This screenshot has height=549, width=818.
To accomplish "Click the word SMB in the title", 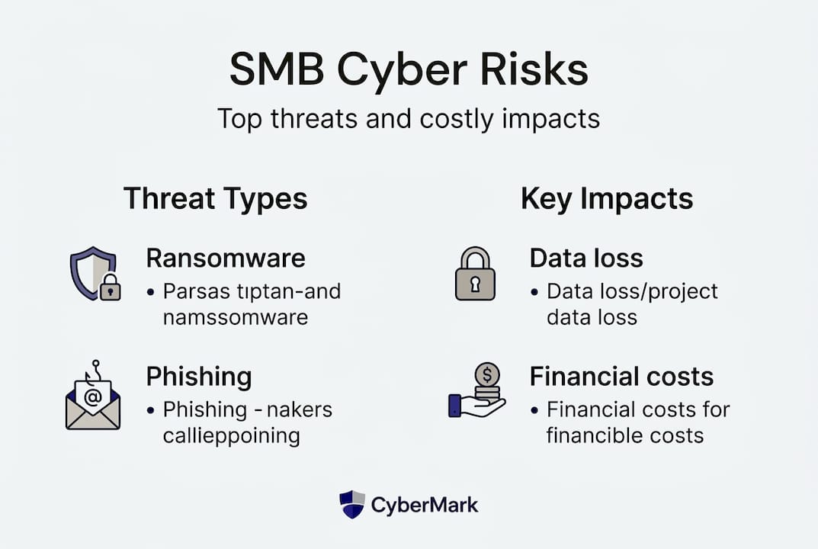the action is tap(277, 69).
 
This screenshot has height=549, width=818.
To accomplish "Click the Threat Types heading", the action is tap(216, 199).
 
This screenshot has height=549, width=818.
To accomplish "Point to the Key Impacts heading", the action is tap(607, 199).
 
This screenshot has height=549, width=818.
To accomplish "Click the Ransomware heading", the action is tap(226, 258).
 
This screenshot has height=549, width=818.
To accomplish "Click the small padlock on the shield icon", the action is tap(110, 287).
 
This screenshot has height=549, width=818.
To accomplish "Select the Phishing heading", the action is tap(199, 377).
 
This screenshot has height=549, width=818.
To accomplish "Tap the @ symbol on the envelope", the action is tap(93, 398).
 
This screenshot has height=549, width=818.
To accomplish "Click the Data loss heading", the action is tap(586, 258).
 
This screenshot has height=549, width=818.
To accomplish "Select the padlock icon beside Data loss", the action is tap(475, 274).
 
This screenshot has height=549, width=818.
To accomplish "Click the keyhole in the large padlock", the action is tap(475, 284).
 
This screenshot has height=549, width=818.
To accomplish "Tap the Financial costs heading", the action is tap(621, 377).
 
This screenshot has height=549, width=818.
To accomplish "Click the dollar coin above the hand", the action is tap(487, 374).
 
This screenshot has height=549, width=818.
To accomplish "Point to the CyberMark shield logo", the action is tap(352, 504).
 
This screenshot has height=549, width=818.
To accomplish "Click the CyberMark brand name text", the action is tap(424, 506).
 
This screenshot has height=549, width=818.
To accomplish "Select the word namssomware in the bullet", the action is tap(236, 317).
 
